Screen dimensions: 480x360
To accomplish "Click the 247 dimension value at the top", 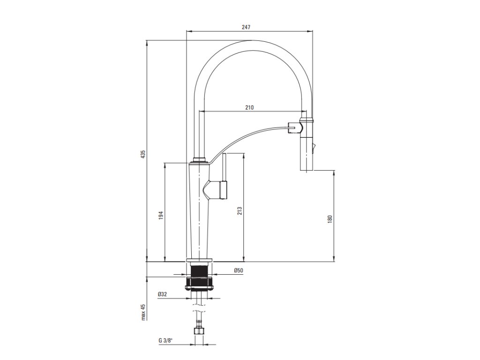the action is tap(247, 27).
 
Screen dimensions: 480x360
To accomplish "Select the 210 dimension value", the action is tap(249, 107).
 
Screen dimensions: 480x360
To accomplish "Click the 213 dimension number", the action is tap(239, 211).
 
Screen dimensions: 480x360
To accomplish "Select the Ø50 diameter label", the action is tap(238, 270).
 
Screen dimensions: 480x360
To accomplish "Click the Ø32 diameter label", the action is tap(162, 294).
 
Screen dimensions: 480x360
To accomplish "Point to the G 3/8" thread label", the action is tap(165, 340).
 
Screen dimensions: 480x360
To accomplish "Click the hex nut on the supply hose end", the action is tap(199, 331).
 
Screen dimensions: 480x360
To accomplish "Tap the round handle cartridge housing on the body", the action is tap(218, 190).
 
